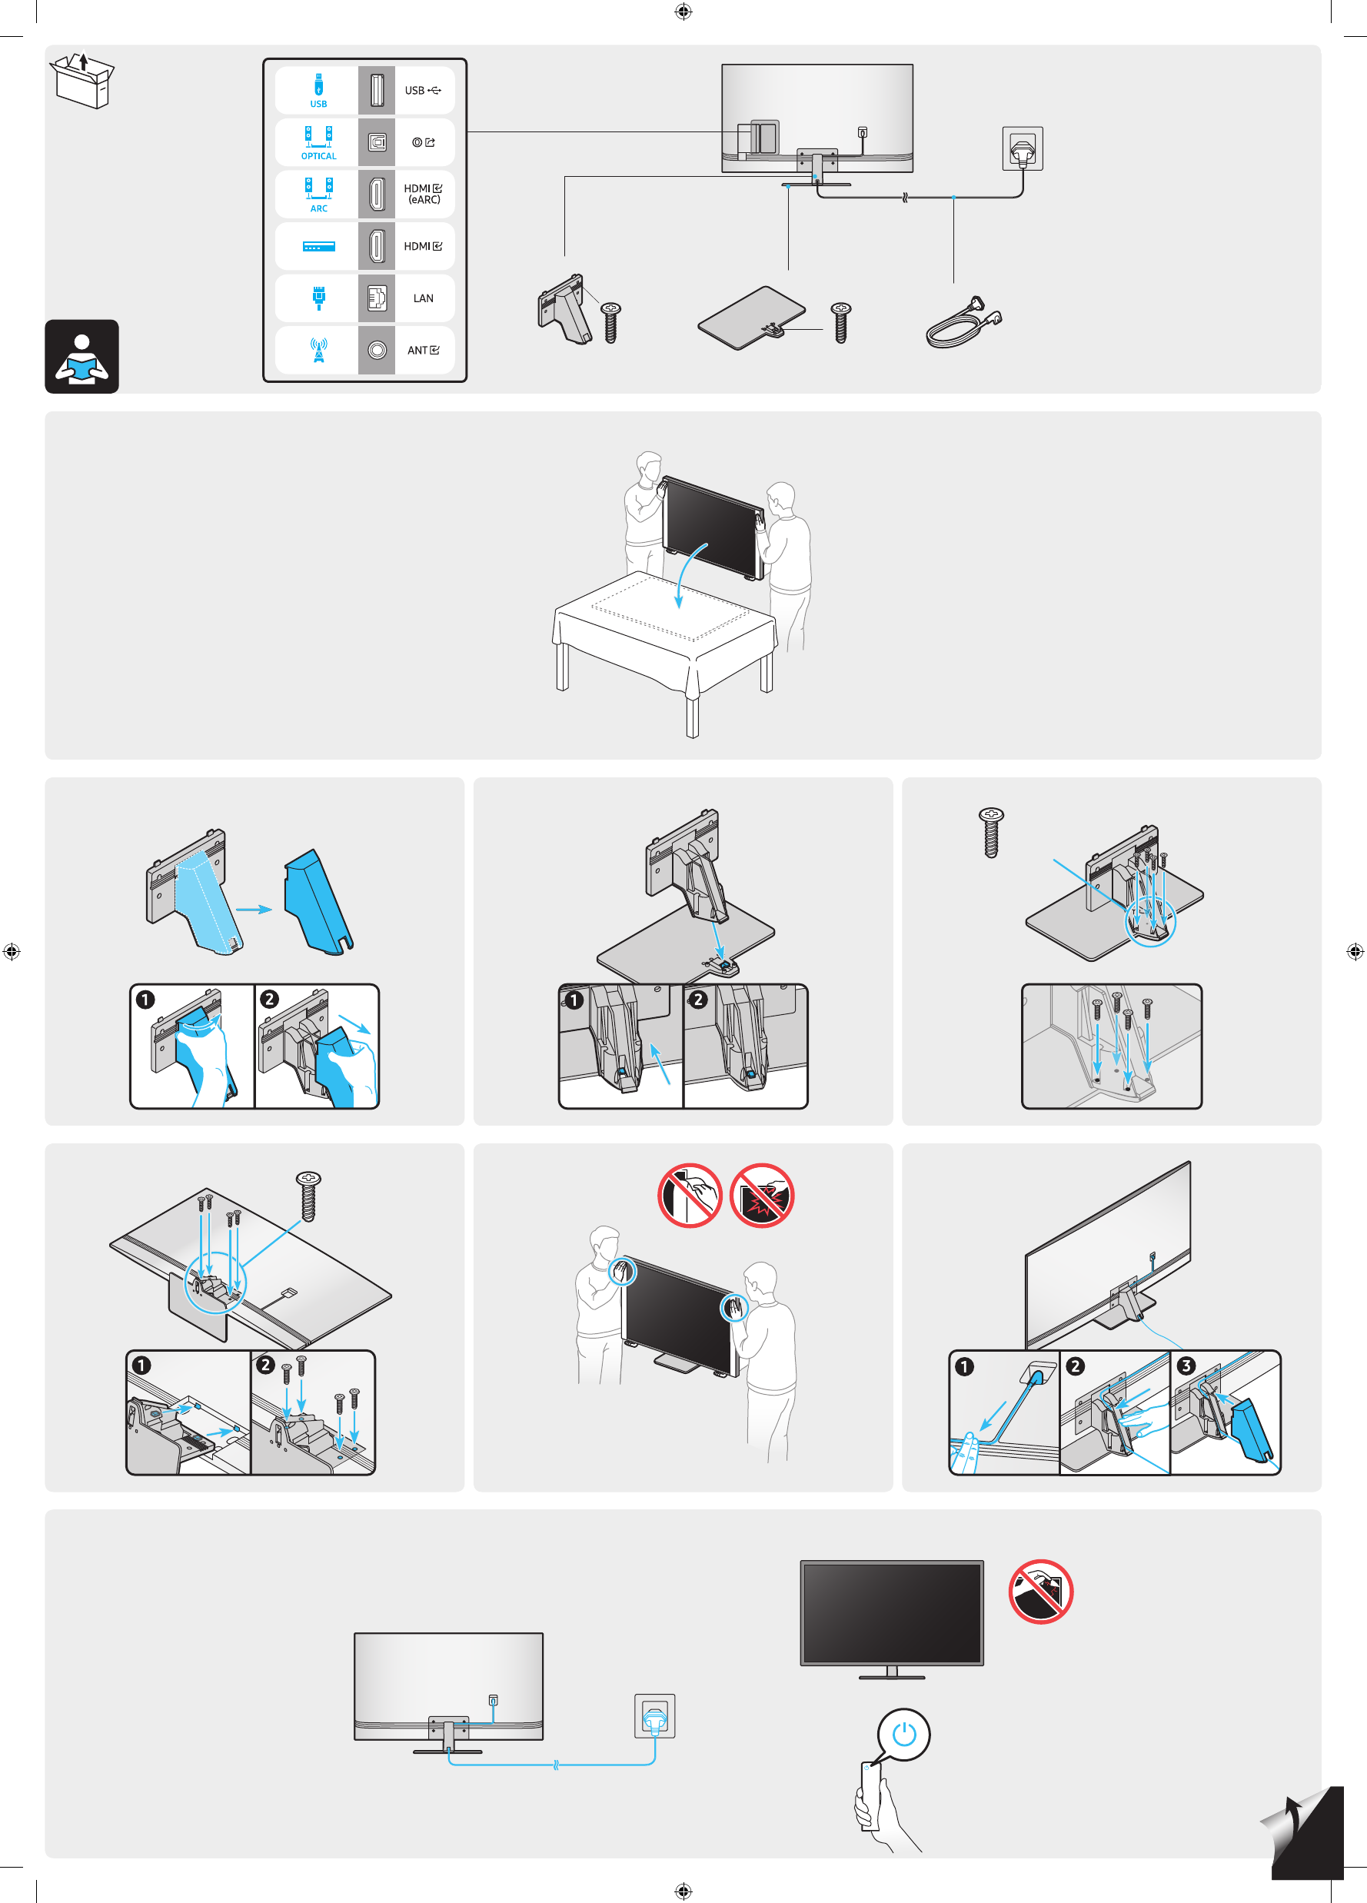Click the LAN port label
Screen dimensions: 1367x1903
pyautogui.click(x=423, y=298)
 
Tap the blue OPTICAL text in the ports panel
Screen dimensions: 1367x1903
pyautogui.click(x=319, y=156)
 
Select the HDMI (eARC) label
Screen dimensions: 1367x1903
pyautogui.click(x=423, y=194)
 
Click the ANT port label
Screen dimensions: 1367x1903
pyautogui.click(x=422, y=351)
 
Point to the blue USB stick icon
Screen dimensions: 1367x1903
pyautogui.click(x=319, y=85)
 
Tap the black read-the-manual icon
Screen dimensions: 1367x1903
pyautogui.click(x=81, y=357)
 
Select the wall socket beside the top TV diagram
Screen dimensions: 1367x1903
pyautogui.click(x=1022, y=148)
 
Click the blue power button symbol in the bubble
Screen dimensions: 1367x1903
pyautogui.click(x=904, y=1734)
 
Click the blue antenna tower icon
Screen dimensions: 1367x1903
pyautogui.click(x=319, y=350)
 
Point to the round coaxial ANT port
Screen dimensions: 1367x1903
pyautogui.click(x=377, y=350)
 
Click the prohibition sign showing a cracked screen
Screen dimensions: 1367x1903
pyautogui.click(x=761, y=1196)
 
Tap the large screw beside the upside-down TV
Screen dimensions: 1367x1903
pyautogui.click(x=309, y=1196)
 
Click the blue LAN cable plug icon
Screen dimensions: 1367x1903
pyautogui.click(x=319, y=298)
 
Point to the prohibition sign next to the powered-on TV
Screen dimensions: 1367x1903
pyautogui.click(x=1040, y=1592)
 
